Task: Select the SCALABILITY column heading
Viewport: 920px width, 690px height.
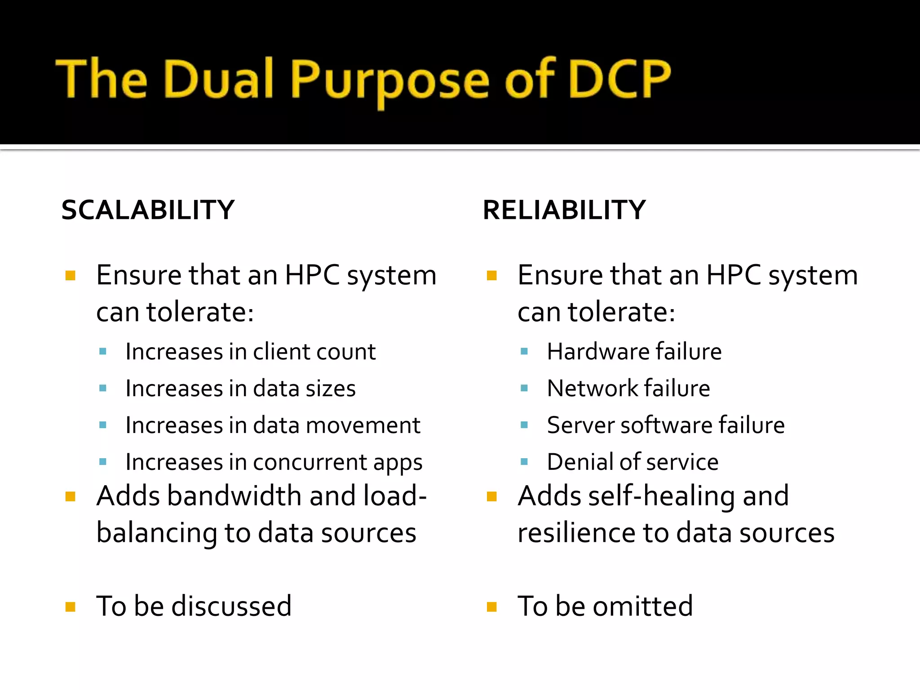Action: click(148, 210)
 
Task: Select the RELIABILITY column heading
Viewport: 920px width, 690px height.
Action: click(564, 210)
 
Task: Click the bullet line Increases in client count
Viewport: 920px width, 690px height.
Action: click(250, 351)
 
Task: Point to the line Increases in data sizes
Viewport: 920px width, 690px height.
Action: click(240, 388)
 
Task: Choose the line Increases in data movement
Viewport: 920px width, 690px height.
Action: click(273, 425)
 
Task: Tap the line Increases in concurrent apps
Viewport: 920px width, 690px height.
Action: click(274, 462)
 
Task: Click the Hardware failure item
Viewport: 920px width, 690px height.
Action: click(634, 351)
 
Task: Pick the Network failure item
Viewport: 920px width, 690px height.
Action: click(628, 388)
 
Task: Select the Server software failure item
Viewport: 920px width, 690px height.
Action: click(665, 425)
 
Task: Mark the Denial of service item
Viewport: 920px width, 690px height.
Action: click(632, 462)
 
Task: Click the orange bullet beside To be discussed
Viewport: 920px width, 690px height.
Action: click(70, 607)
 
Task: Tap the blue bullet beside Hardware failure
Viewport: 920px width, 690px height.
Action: click(524, 351)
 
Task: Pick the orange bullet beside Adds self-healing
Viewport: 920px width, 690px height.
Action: click(491, 496)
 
